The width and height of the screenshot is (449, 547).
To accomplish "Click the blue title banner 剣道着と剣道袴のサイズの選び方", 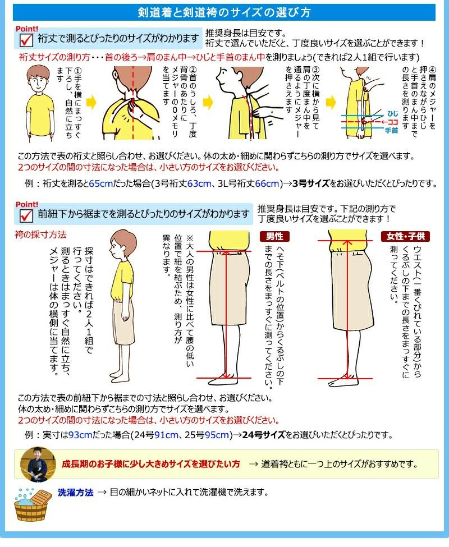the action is pyautogui.click(x=224, y=12).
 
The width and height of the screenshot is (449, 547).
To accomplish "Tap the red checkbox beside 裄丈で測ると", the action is pyautogui.click(x=26, y=40).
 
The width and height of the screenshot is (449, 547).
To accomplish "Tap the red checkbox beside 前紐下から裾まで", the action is pyautogui.click(x=26, y=215).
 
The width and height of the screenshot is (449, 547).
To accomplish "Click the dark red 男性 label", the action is pyautogui.click(x=274, y=237).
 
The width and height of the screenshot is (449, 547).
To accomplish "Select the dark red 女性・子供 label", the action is pyautogui.click(x=405, y=237).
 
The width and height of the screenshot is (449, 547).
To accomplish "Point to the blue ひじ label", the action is pyautogui.click(x=392, y=114).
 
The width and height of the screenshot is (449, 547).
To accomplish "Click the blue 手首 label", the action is pyautogui.click(x=391, y=131).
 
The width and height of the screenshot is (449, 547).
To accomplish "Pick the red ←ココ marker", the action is pyautogui.click(x=390, y=122).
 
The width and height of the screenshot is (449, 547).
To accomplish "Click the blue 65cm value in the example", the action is pyautogui.click(x=101, y=183).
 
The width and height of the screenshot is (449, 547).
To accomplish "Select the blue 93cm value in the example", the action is pyautogui.click(x=81, y=435).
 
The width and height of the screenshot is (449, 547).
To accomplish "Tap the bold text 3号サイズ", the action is pyautogui.click(x=311, y=183).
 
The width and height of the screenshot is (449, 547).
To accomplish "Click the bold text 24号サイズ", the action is pyautogui.click(x=264, y=435).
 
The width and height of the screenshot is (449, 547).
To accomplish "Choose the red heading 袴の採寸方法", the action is pyautogui.click(x=40, y=235).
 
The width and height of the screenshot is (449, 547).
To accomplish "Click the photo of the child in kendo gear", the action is pyautogui.click(x=38, y=464).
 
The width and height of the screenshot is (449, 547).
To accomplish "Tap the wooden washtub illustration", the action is pyautogui.click(x=31, y=505).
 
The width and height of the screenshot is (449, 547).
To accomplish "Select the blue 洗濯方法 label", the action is pyautogui.click(x=76, y=493).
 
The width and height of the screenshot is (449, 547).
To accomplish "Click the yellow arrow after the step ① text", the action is pyautogui.click(x=91, y=103).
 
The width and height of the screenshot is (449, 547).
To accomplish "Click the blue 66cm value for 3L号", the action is pyautogui.click(x=267, y=183).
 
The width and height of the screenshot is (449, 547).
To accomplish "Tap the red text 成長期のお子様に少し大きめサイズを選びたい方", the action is pyautogui.click(x=151, y=464).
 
